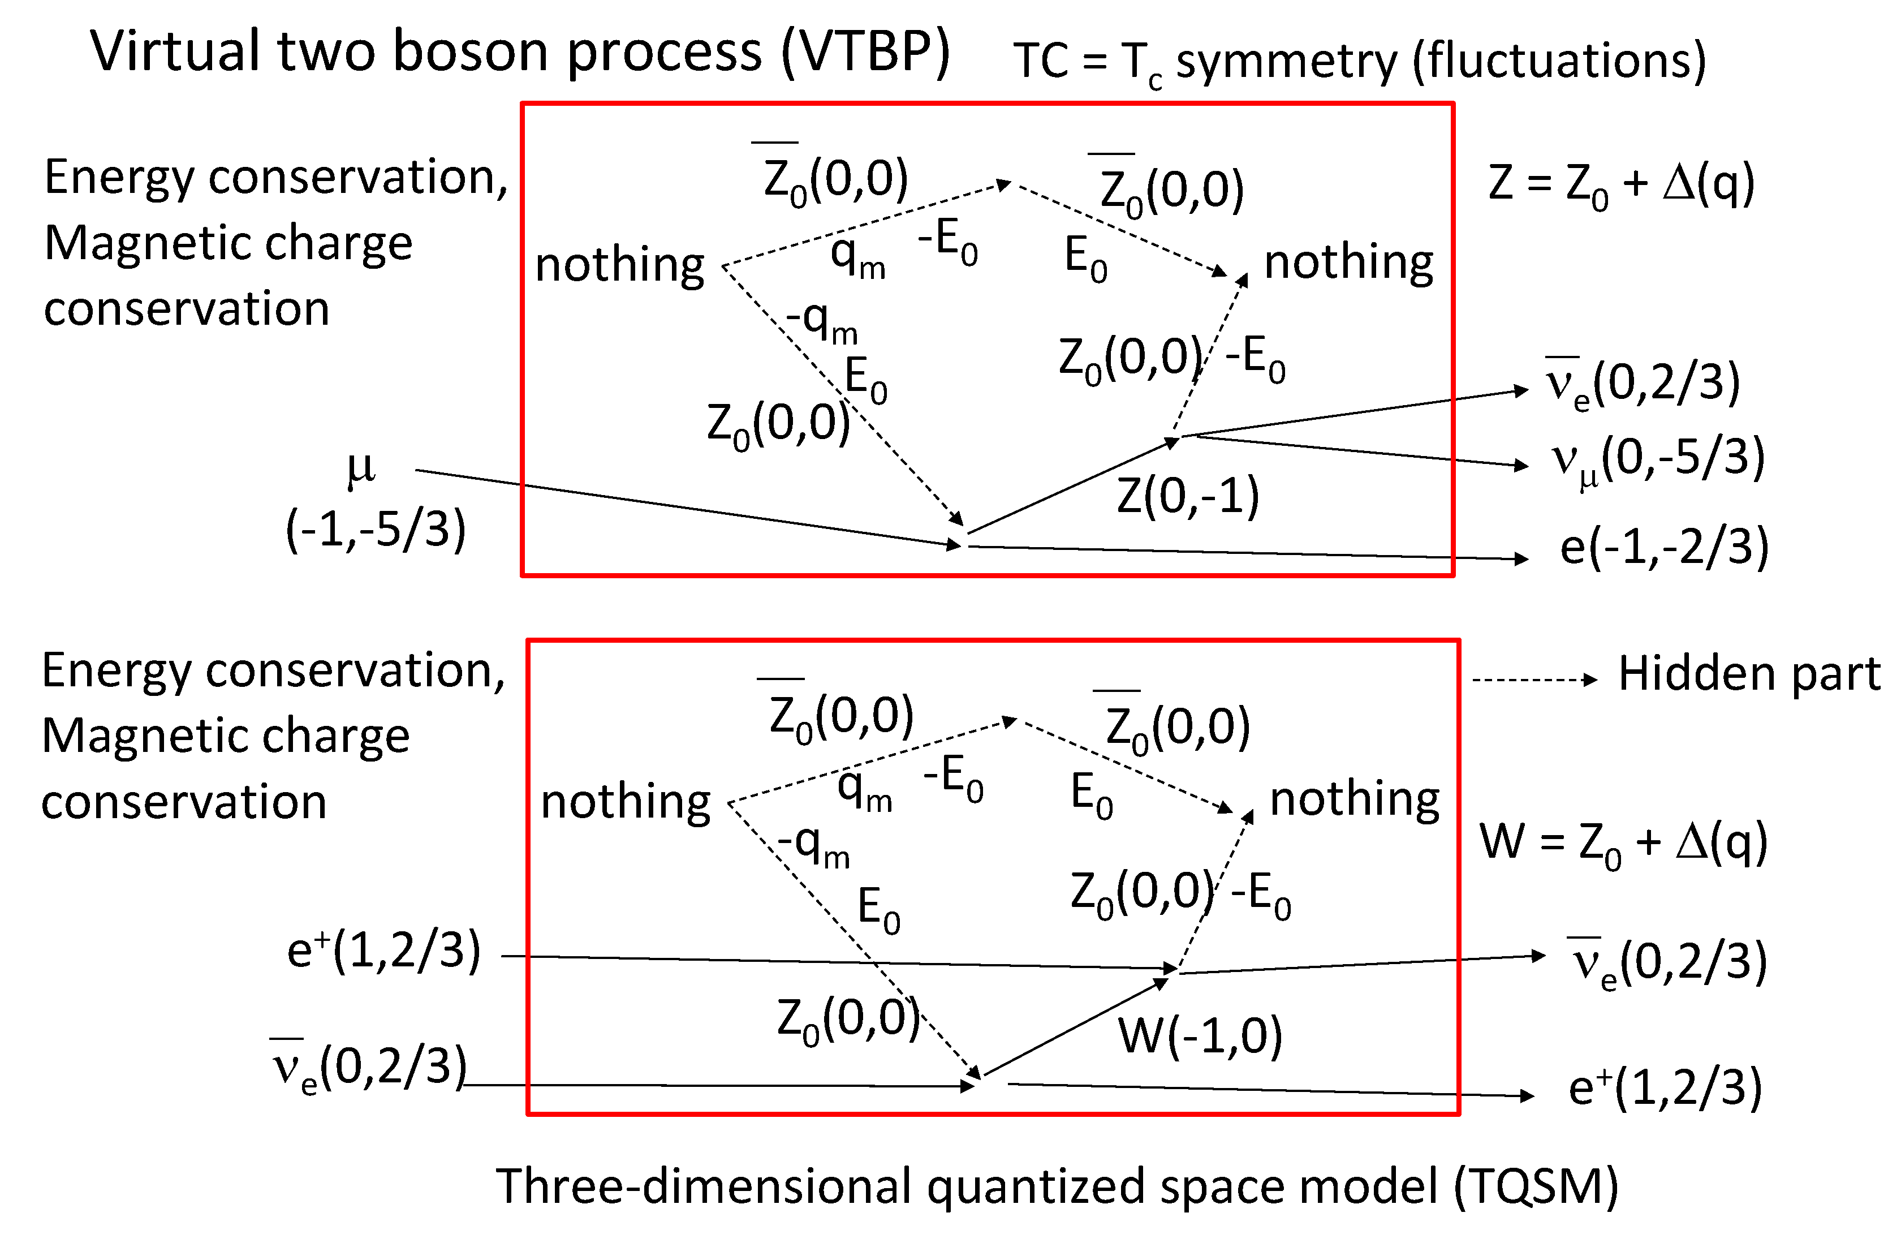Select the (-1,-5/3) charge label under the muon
pos(376,529)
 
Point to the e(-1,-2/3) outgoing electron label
pos(1665,547)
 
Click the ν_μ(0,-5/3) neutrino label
pos(1657,459)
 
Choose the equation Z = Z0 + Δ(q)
pos(1622,184)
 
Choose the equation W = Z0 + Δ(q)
pos(1623,843)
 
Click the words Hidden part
pos(1749,673)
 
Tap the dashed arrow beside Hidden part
pos(1533,680)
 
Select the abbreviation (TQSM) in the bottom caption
pos(1535,1186)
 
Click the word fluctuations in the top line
pos(1559,60)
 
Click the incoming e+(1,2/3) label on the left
pos(383,951)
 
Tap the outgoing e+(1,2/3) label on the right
pos(1665,1088)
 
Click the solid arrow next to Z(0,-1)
pos(1070,485)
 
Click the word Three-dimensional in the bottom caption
pos(703,1186)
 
